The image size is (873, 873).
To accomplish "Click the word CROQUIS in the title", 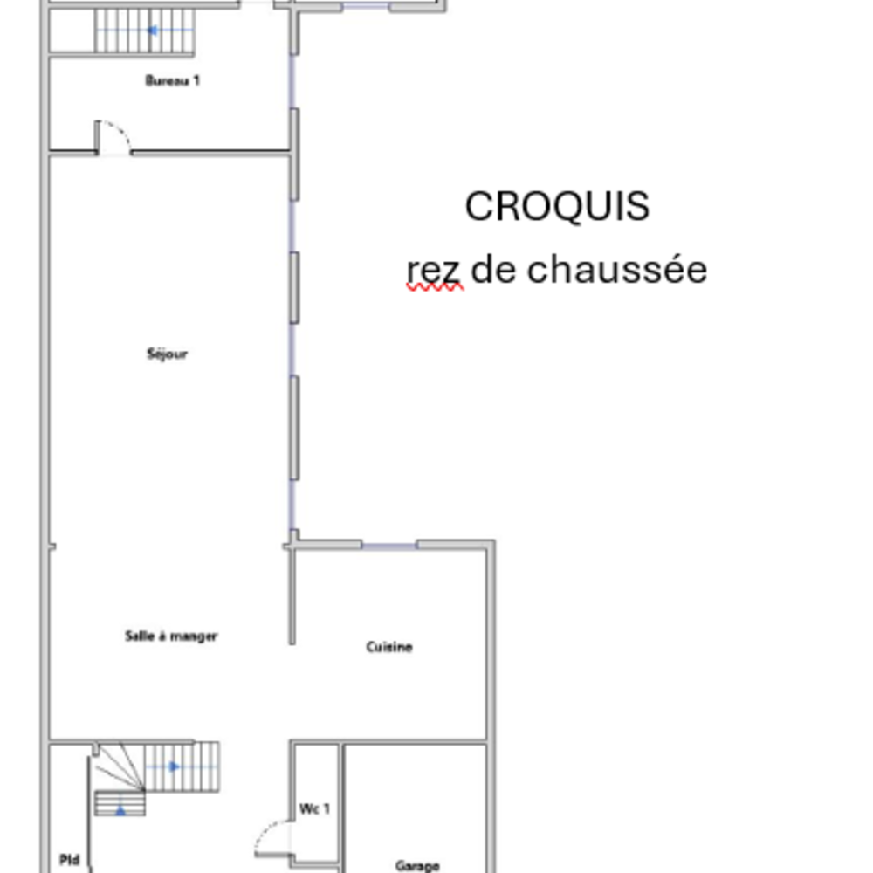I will pyautogui.click(x=557, y=207).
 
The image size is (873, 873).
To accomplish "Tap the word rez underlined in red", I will pyautogui.click(x=433, y=271).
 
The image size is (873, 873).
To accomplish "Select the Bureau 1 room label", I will pyautogui.click(x=172, y=81).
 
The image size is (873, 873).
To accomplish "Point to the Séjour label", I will pyautogui.click(x=168, y=354).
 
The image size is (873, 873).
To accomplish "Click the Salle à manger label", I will pyautogui.click(x=171, y=636).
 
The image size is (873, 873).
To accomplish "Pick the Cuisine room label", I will pyautogui.click(x=388, y=647).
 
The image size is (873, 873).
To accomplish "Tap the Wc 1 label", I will pyautogui.click(x=315, y=809).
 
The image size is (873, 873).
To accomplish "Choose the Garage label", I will pyautogui.click(x=417, y=866).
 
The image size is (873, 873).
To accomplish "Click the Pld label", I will pyautogui.click(x=70, y=861).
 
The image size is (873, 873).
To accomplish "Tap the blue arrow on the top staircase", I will pyautogui.click(x=153, y=31).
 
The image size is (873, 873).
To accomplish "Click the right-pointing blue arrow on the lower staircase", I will pyautogui.click(x=174, y=766).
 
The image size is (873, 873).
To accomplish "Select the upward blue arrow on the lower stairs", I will pyautogui.click(x=120, y=809).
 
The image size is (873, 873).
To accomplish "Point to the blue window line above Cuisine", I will pyautogui.click(x=388, y=546).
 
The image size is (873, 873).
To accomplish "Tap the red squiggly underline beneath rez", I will pyautogui.click(x=434, y=286).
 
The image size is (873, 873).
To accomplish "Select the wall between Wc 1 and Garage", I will pyautogui.click(x=340, y=803).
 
